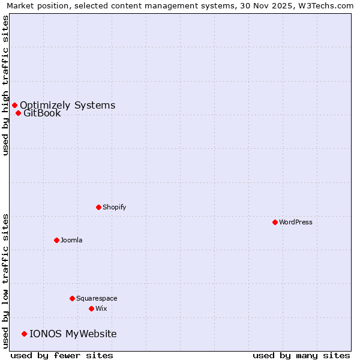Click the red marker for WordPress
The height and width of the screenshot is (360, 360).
coord(275,222)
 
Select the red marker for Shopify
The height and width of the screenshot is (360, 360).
coord(98,207)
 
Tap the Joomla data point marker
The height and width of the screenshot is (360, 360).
coord(56,240)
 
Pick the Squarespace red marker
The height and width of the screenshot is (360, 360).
coord(72,298)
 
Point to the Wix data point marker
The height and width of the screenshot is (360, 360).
coord(91,308)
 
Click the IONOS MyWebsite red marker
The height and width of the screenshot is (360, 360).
coord(24,334)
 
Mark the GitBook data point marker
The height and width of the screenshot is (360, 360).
coord(18,113)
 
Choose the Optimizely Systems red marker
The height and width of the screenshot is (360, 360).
coord(14,106)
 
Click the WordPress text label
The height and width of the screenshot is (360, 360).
coord(296,222)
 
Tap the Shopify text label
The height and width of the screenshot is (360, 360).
coord(114,207)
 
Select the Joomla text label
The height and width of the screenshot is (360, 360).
coord(71,240)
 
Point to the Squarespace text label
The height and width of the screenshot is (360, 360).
coord(97,298)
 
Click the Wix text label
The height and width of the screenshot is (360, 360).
coord(101,308)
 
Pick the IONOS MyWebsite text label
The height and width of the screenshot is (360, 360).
coord(73,334)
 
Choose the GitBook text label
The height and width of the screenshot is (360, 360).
coord(42,113)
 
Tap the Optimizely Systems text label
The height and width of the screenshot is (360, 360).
coord(67,106)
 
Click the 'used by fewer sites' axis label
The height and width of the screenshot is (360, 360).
coord(62,355)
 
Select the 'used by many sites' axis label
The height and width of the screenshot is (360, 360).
coord(301,355)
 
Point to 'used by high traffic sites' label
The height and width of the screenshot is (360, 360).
coord(5,85)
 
